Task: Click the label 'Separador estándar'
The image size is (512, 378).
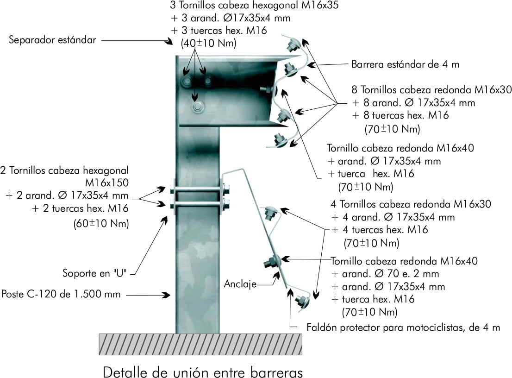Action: pyautogui.click(x=52, y=40)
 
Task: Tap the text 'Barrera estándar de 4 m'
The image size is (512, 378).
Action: pyautogui.click(x=405, y=64)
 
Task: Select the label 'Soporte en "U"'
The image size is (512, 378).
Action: pyautogui.click(x=96, y=273)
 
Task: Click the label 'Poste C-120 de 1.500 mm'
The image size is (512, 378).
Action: pyautogui.click(x=61, y=294)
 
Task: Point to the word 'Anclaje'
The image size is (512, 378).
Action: pyautogui.click(x=240, y=283)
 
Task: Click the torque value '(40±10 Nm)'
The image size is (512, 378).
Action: pyautogui.click(x=209, y=43)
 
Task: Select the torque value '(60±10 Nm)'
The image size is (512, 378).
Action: pyautogui.click(x=101, y=223)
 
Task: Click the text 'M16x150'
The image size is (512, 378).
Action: pyautogui.click(x=107, y=182)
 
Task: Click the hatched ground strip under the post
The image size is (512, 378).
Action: pyautogui.click(x=200, y=344)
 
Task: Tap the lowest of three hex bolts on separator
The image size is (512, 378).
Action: pyautogui.click(x=197, y=107)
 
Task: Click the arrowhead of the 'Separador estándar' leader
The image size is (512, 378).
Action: pyautogui.click(x=169, y=42)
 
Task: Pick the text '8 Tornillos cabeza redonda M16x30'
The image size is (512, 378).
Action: pyautogui.click(x=431, y=90)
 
